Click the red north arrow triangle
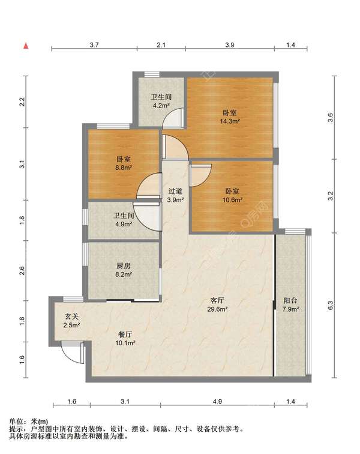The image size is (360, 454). click(x=26, y=46)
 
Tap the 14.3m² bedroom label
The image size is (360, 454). click(x=230, y=117)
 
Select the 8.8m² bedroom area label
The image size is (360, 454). click(x=124, y=163)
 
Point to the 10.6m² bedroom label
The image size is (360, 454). click(x=232, y=195)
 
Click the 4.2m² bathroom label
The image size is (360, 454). click(x=161, y=101)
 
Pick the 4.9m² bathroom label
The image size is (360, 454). click(x=124, y=219)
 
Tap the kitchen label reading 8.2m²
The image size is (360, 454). click(x=124, y=270)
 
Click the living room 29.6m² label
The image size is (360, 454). click(x=217, y=304)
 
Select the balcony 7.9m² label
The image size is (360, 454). click(x=290, y=304)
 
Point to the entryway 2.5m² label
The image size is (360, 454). click(x=71, y=321)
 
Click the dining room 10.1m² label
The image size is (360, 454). click(x=125, y=339)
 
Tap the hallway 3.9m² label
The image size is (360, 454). click(x=175, y=195)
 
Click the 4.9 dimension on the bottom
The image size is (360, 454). click(x=217, y=401)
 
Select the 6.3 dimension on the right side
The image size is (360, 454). click(x=331, y=306)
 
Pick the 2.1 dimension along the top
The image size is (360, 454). click(x=161, y=45)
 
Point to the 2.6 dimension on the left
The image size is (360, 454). click(x=22, y=271)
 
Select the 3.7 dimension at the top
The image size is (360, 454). click(x=94, y=45)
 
